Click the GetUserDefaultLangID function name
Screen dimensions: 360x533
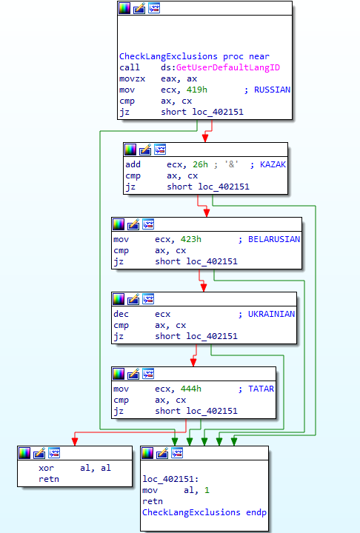point(228,67)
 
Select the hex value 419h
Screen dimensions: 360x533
point(197,90)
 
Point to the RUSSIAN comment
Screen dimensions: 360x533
point(272,90)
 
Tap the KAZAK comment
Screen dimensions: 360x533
point(273,164)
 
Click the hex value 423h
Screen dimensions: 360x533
point(191,239)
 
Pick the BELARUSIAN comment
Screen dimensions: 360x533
point(274,239)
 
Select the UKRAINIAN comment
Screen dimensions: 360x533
point(271,314)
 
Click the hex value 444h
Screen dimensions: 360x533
point(191,389)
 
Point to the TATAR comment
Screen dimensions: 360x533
point(261,389)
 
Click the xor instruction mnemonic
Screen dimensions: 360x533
point(46,468)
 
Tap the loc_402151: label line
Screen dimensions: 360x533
point(170,479)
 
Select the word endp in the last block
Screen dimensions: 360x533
point(256,512)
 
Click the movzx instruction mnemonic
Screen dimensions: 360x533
point(132,79)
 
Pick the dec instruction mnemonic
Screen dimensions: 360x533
point(121,314)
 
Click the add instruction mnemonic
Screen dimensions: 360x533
point(133,164)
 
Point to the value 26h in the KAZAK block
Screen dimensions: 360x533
point(200,164)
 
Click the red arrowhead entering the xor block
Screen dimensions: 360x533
point(75,441)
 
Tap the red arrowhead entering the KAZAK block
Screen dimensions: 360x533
point(205,138)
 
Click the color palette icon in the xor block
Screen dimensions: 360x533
point(24,453)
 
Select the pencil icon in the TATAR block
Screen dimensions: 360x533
point(133,374)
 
